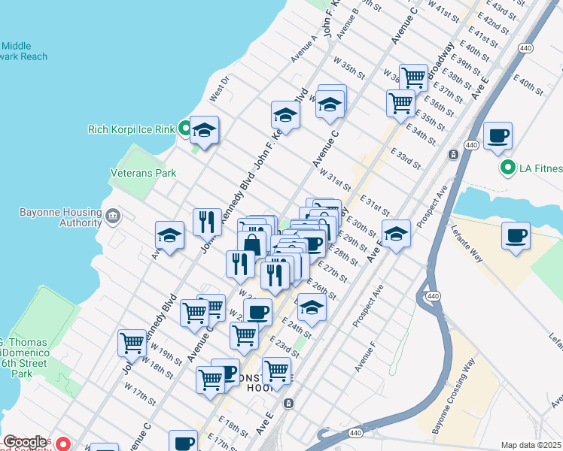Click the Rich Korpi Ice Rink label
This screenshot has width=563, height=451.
[x=131, y=129]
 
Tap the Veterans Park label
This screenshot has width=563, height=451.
[x=143, y=173]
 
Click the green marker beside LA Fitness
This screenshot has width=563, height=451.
[x=508, y=168]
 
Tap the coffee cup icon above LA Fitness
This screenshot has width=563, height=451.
[x=498, y=137]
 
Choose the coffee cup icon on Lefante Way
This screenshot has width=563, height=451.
[x=516, y=236]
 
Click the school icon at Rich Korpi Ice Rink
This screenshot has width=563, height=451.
[x=204, y=131]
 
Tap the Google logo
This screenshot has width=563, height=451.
[x=25, y=443]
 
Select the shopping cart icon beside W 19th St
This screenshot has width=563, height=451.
[x=132, y=344]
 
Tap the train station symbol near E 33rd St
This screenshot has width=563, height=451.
[x=454, y=155]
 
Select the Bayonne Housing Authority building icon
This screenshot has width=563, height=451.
[x=113, y=217]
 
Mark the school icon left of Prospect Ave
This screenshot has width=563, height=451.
[x=396, y=235]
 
